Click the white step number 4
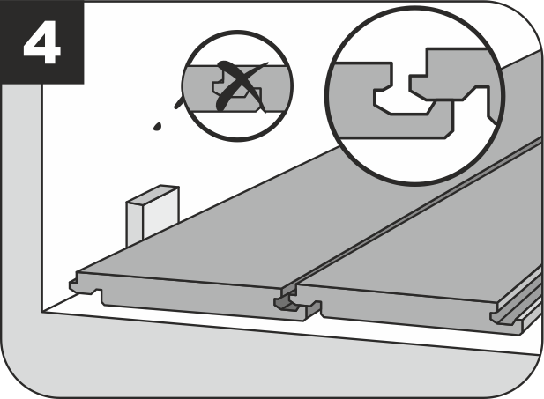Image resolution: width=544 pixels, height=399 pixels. tap(42, 42)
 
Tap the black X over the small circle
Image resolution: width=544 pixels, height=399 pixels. tap(241, 86)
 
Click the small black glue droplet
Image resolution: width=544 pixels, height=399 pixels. tap(157, 127)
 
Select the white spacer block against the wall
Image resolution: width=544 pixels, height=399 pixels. tap(153, 215)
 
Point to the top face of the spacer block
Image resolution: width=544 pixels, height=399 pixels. tap(153, 195)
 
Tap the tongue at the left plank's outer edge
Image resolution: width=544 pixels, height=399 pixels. tap(73, 285)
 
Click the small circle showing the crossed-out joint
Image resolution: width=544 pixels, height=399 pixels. tap(238, 86)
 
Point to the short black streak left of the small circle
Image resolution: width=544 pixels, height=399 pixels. tap(179, 102)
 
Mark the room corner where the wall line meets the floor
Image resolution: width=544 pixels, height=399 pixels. tap(42, 312)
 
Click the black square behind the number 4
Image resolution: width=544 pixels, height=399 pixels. tap(42, 42)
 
